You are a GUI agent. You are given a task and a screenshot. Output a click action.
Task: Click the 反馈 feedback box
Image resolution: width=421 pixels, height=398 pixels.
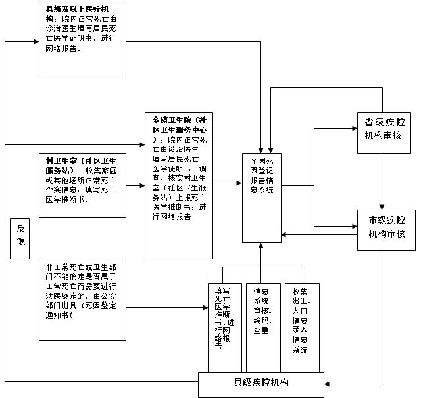point(21,234)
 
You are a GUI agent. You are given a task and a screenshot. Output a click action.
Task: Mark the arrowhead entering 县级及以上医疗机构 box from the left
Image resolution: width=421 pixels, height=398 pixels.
point(35,43)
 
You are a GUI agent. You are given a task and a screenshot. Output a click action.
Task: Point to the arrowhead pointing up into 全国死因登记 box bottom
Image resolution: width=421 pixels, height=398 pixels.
point(262,245)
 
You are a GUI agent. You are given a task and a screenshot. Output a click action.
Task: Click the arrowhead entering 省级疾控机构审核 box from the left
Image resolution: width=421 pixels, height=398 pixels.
point(355,128)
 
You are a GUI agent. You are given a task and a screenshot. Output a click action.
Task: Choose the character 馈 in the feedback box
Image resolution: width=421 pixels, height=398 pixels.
point(21,240)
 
